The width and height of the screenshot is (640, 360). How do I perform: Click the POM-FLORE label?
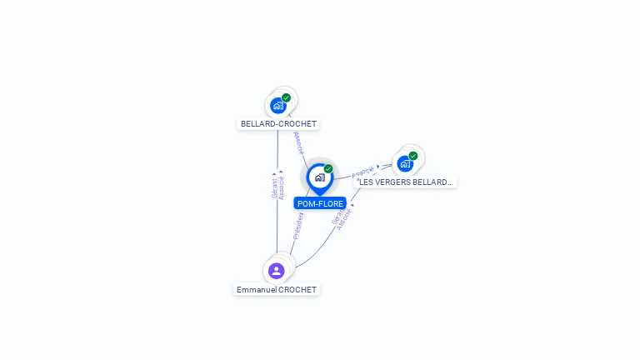(320, 203)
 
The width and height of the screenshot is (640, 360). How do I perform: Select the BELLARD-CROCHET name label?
(278, 123)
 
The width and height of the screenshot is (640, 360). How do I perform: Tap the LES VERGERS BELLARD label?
(406, 182)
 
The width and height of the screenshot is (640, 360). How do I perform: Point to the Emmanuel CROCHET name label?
(277, 289)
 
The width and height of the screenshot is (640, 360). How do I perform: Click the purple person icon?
(277, 270)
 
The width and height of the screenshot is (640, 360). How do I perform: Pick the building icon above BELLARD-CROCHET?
(278, 106)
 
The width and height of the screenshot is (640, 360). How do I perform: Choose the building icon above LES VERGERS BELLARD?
(405, 163)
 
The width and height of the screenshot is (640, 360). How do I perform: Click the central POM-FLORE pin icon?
(319, 177)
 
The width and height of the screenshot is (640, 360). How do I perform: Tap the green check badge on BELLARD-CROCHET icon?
(287, 97)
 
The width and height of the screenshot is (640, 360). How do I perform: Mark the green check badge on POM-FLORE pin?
(328, 168)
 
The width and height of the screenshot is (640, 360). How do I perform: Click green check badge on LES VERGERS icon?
(413, 155)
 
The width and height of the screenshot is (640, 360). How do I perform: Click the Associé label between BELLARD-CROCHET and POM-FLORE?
(298, 142)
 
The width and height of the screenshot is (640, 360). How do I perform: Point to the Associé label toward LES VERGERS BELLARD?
(362, 172)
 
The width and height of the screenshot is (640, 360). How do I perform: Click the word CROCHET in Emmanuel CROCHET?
(297, 289)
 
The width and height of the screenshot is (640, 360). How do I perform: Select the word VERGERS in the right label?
(392, 182)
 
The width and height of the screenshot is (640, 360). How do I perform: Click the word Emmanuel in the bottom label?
(257, 289)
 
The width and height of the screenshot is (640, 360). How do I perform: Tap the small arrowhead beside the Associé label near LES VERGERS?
(378, 166)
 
